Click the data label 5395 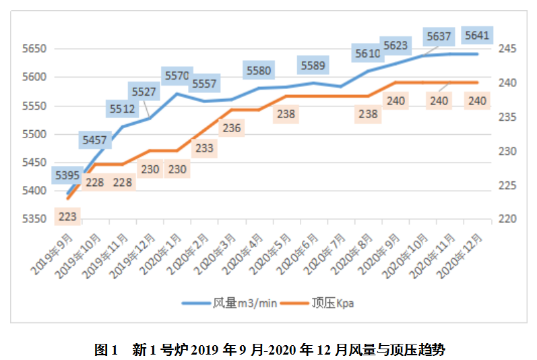pyautogui.click(x=67, y=176)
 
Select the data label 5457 pyautogui.click(x=94, y=140)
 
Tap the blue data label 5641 pyautogui.click(x=477, y=35)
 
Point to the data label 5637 pyautogui.click(x=439, y=36)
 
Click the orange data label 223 pyautogui.click(x=67, y=217)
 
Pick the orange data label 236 pyautogui.click(x=232, y=127)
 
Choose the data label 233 pyautogui.click(x=205, y=148)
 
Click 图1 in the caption pyautogui.click(x=106, y=350)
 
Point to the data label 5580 pyautogui.click(x=258, y=70)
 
